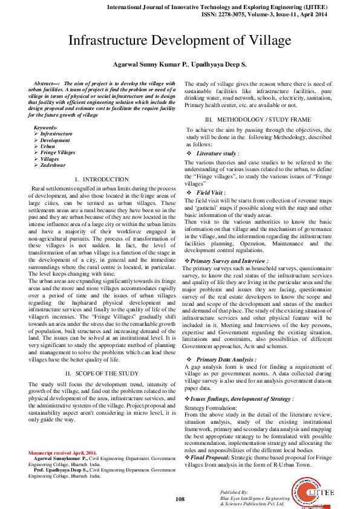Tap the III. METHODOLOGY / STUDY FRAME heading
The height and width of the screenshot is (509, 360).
[258, 120]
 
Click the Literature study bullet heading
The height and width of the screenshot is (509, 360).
[216, 154]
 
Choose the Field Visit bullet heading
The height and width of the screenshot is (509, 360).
[211, 192]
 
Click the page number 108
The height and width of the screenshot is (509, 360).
[180, 499]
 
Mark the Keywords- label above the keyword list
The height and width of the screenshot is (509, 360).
[45, 128]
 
